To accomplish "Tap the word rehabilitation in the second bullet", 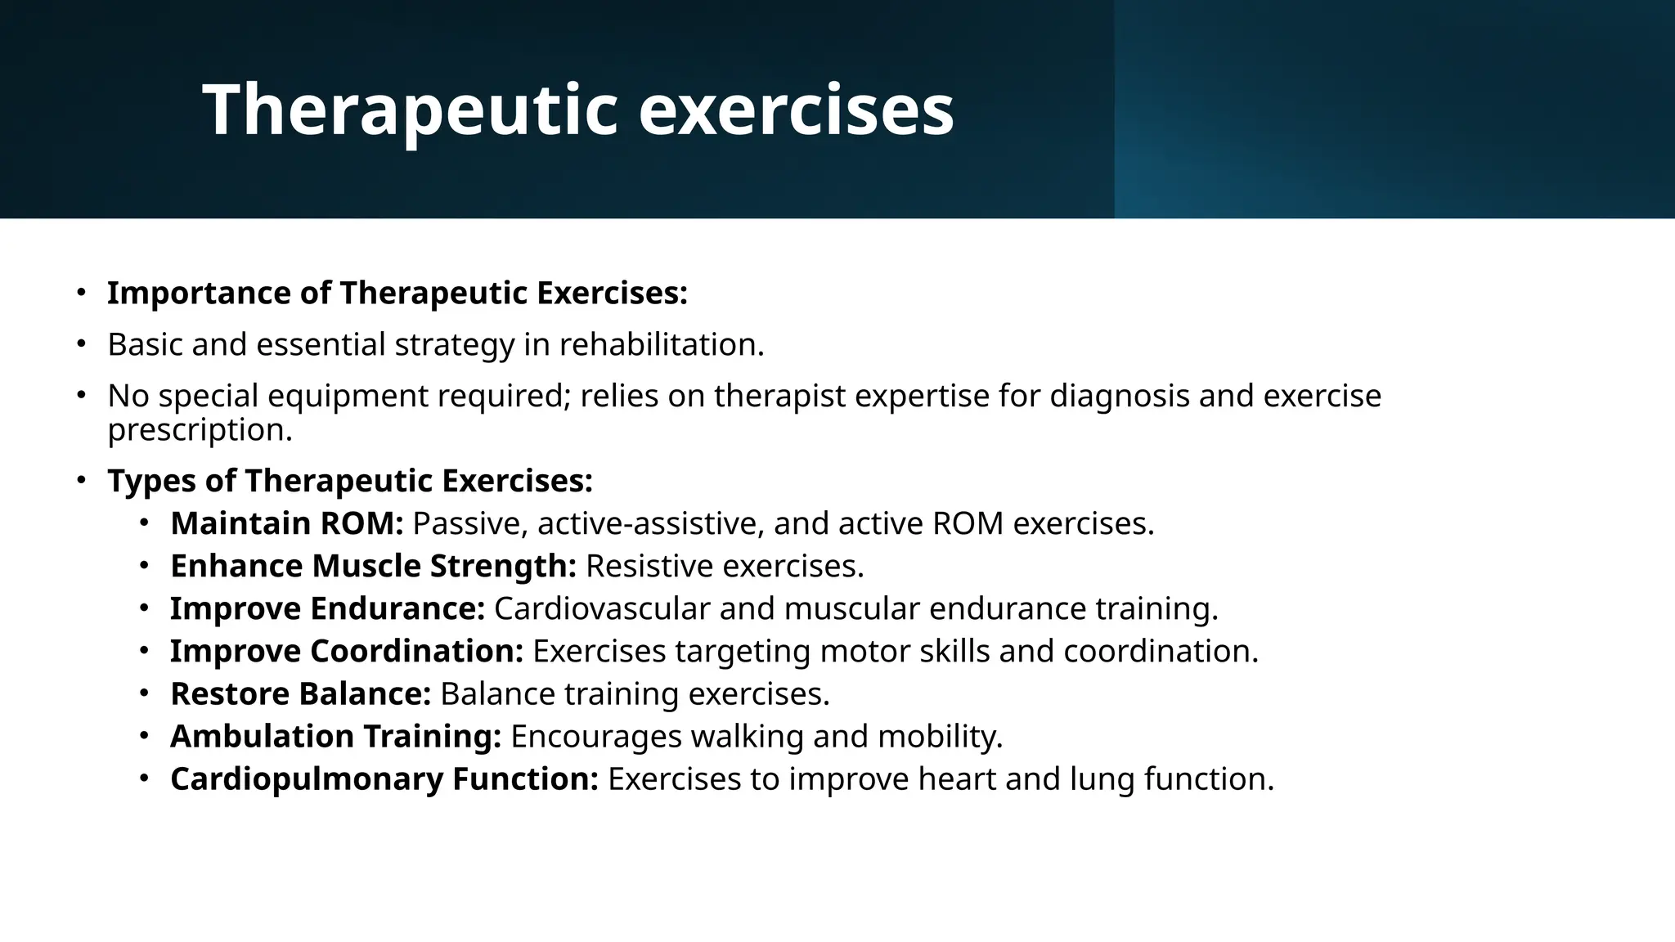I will click(x=660, y=345).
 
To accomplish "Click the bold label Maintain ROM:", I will click(x=286, y=524).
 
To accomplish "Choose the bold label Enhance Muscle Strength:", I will click(x=373, y=567).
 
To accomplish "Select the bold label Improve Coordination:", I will click(x=346, y=652).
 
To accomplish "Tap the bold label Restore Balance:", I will click(x=300, y=694).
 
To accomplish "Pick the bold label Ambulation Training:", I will click(x=335, y=737).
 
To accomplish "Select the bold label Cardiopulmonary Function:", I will click(x=384, y=779).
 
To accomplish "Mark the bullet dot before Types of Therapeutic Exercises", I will click(x=81, y=481).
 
